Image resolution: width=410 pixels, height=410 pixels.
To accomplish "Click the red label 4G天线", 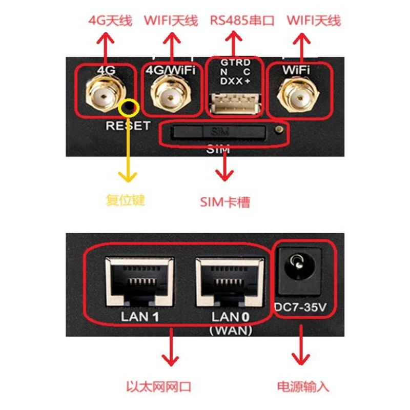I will (110, 21).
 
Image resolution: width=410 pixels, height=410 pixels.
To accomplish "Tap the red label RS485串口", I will (242, 21).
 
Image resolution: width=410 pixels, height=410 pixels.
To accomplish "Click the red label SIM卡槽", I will (225, 201).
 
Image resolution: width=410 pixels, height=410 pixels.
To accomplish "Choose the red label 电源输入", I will (303, 386).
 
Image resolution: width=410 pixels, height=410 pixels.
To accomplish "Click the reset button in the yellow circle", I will (128, 108).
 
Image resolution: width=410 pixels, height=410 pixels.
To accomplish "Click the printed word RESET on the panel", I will (128, 126).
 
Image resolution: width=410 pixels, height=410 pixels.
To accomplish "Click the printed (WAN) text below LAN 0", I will (231, 331).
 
